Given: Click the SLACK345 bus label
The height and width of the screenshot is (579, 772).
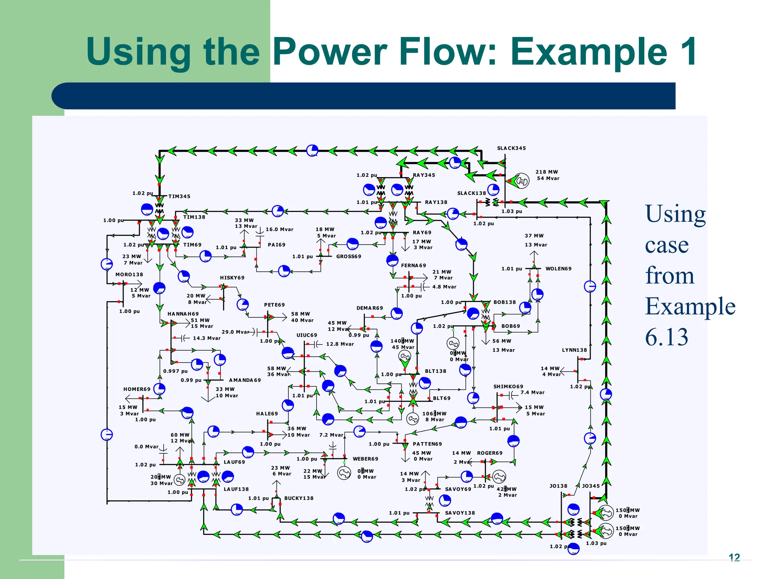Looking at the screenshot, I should [511, 148].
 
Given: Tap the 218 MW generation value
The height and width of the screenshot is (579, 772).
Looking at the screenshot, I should [547, 172].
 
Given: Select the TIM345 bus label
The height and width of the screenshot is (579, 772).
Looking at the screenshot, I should [179, 196].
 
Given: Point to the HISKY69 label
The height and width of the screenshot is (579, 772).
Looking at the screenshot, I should [232, 278].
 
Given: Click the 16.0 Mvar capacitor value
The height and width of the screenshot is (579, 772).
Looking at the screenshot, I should [279, 229].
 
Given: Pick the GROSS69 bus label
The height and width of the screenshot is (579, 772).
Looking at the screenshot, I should [349, 256].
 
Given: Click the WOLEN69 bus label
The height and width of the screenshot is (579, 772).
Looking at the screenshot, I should [558, 269].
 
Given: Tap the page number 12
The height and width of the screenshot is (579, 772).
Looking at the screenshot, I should [734, 557].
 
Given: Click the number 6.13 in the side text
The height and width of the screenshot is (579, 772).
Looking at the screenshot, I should [666, 337].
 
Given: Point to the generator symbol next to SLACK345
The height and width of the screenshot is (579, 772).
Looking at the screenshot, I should [522, 181].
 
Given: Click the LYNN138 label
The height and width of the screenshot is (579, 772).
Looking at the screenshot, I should [574, 350].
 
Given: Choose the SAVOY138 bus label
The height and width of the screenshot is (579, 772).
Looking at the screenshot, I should [460, 513].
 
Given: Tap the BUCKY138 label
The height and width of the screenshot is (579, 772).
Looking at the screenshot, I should [299, 498].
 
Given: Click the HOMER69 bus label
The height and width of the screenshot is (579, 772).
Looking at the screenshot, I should [137, 389].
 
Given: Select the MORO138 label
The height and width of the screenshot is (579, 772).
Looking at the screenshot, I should [129, 275].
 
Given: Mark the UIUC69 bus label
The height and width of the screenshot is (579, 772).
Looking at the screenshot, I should [307, 335].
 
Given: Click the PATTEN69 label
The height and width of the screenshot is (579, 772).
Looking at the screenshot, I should [427, 444].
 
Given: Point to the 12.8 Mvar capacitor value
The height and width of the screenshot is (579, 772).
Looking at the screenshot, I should [340, 344].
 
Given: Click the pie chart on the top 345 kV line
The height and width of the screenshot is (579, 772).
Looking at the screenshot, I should [312, 150].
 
